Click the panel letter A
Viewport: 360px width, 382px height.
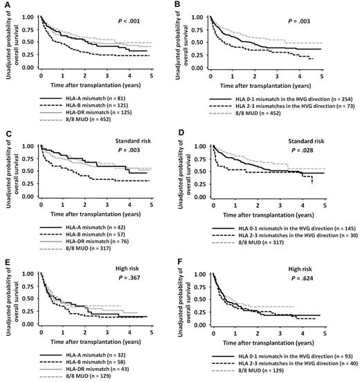[3, 4]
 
